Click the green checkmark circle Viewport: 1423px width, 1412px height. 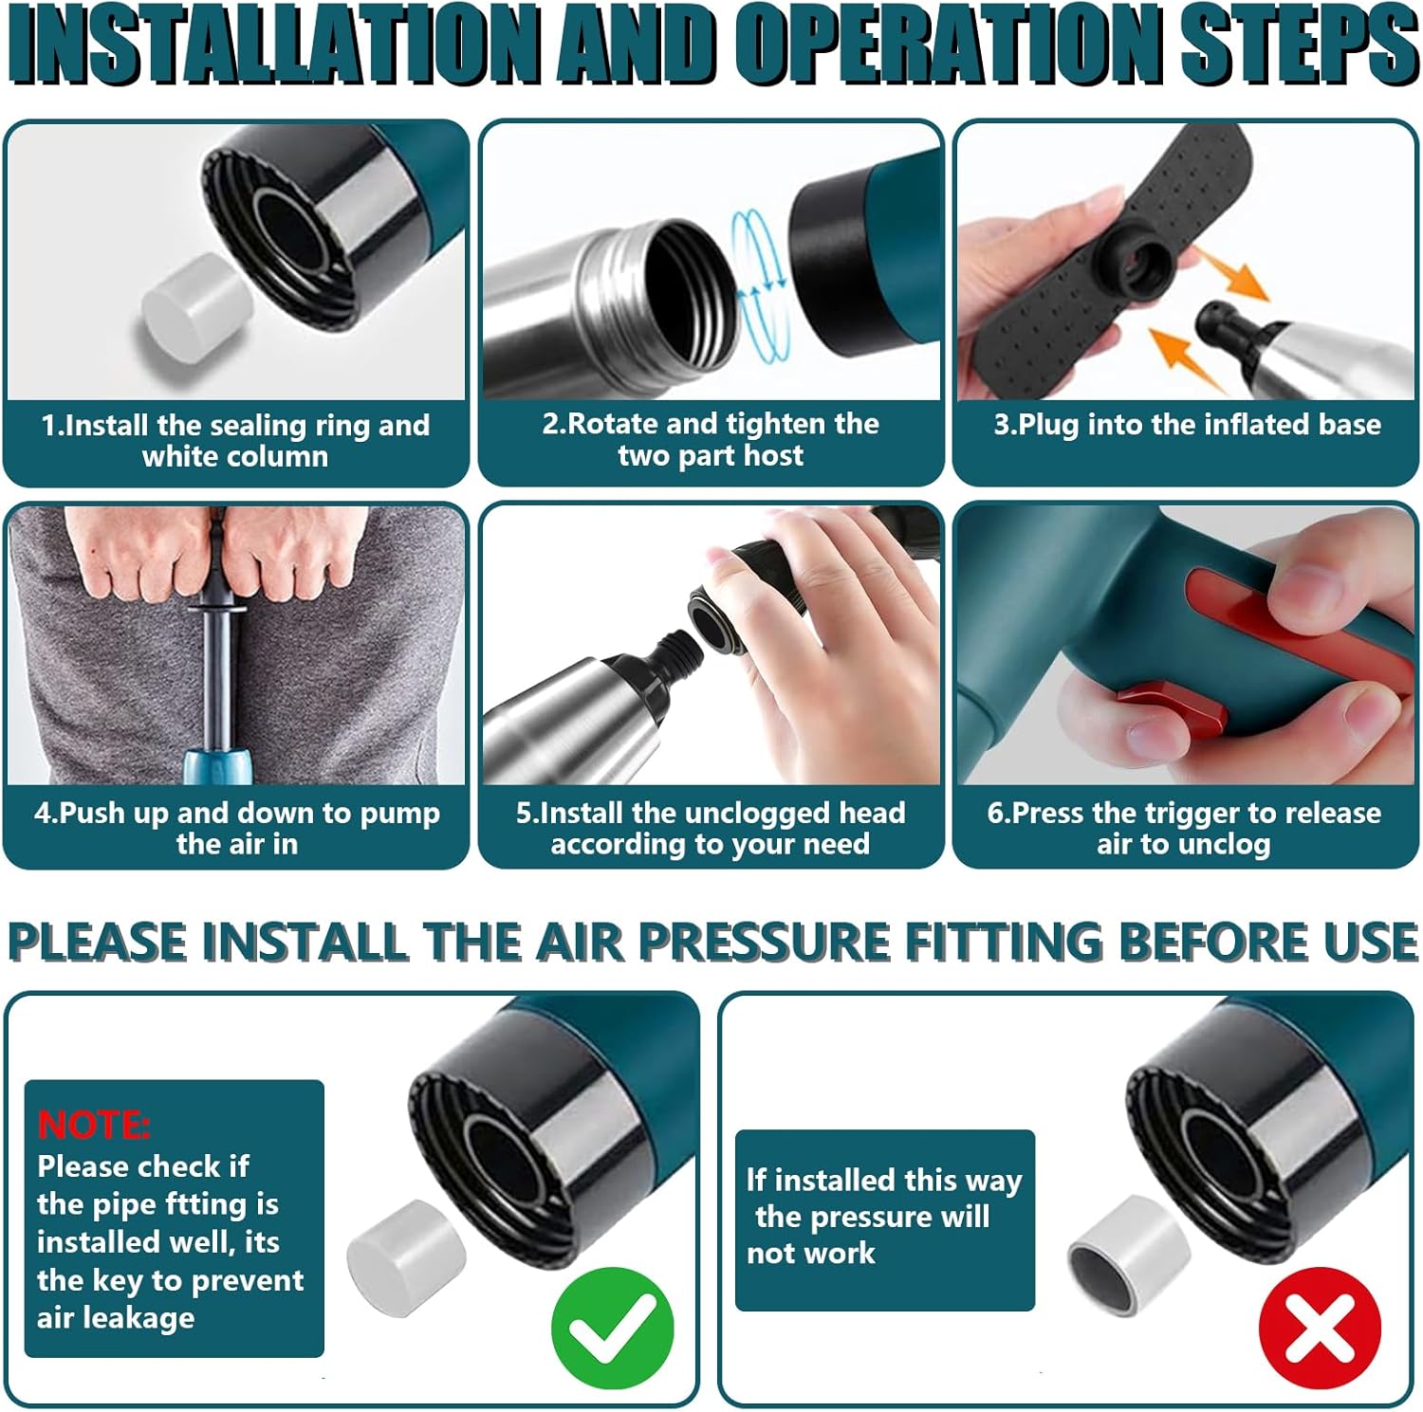click(x=613, y=1328)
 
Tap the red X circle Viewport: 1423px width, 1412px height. click(x=1320, y=1328)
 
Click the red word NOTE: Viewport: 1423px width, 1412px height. click(x=93, y=1125)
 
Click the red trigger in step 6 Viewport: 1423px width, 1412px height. click(x=1173, y=706)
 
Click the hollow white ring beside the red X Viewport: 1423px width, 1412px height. click(x=1129, y=1254)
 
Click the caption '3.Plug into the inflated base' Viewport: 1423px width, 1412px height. click(x=1187, y=425)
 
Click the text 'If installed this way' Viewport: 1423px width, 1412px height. click(x=884, y=1181)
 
